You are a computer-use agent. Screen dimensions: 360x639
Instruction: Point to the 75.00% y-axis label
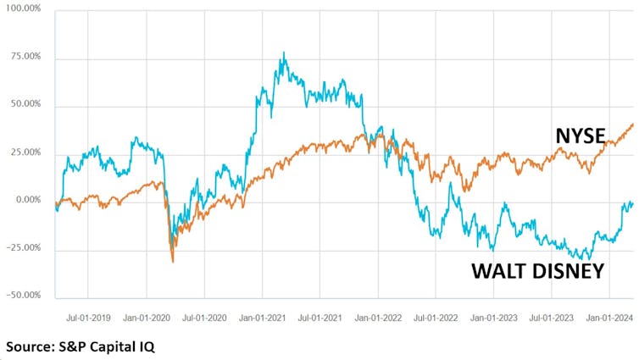tap(25, 58)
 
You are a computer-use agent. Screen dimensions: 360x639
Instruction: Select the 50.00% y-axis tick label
tap(25, 106)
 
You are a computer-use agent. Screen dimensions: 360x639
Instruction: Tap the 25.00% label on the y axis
tap(25, 153)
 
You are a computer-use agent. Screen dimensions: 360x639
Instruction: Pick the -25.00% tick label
tap(24, 248)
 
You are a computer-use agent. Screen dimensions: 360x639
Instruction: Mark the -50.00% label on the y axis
tap(24, 296)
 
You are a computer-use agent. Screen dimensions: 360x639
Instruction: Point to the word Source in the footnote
tap(31, 346)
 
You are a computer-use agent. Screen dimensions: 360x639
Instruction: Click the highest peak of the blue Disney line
tap(284, 53)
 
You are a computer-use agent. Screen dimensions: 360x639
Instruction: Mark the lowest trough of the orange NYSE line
tap(173, 262)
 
